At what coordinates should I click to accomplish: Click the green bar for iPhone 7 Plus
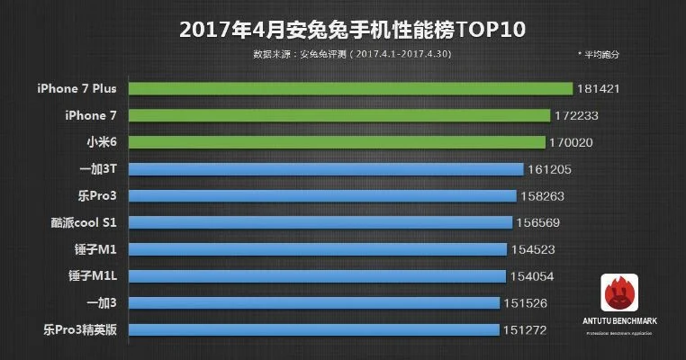pyautogui.click(x=350, y=88)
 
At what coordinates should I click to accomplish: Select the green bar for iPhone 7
pyautogui.click(x=338, y=115)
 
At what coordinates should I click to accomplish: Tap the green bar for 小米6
pyautogui.click(x=337, y=142)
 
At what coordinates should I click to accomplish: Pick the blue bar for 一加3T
pyautogui.click(x=326, y=169)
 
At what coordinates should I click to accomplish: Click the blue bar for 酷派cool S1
pyautogui.click(x=320, y=222)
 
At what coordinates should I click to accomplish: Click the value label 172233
pyautogui.click(x=578, y=115)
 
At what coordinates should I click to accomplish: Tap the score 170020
pyautogui.click(x=574, y=142)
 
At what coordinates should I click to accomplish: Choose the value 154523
pyautogui.click(x=537, y=249)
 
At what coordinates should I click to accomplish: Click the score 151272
pyautogui.click(x=524, y=329)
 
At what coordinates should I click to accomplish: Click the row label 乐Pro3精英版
pyautogui.click(x=77, y=329)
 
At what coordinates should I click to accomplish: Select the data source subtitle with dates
pyautogui.click(x=352, y=56)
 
